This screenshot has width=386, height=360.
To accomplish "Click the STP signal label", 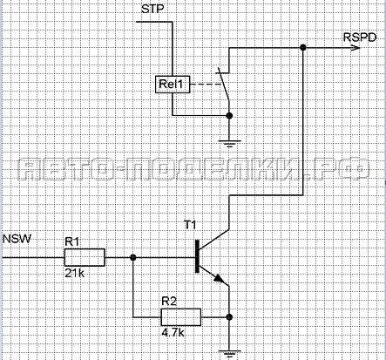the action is pos(152,9).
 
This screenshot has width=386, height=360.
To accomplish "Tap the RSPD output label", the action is pos(360,37).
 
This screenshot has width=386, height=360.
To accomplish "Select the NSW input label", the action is pos(17,239).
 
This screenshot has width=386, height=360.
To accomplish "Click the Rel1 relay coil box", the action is pos(173,85).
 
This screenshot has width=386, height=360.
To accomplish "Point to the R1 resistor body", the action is pos(85,257).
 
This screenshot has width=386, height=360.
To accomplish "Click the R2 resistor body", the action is pos(180,317).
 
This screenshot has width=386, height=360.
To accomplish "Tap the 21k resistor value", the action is pos(75,273).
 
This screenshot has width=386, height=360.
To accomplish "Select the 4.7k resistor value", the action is pos(173,332).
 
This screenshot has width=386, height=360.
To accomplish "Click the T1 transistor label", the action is pos(190,225).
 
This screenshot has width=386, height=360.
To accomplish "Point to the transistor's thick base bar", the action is pos(198,256).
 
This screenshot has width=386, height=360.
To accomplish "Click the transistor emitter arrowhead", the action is pos(220,279).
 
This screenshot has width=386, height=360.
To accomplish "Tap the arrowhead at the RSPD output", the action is pos(356,47).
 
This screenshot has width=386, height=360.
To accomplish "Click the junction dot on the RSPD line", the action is pos(303,47).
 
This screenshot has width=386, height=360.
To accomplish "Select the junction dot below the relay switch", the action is pos(229,116).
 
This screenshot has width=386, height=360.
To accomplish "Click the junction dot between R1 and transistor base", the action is pos(133,257).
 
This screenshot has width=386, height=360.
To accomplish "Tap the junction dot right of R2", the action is pos(229,317).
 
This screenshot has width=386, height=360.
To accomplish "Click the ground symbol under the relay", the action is pos(229,144).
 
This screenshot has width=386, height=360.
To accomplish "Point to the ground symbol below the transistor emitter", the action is pos(229,354).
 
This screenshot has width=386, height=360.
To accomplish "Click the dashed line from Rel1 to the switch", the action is pos(207,85).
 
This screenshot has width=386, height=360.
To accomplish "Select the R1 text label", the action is pos(71,241).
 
